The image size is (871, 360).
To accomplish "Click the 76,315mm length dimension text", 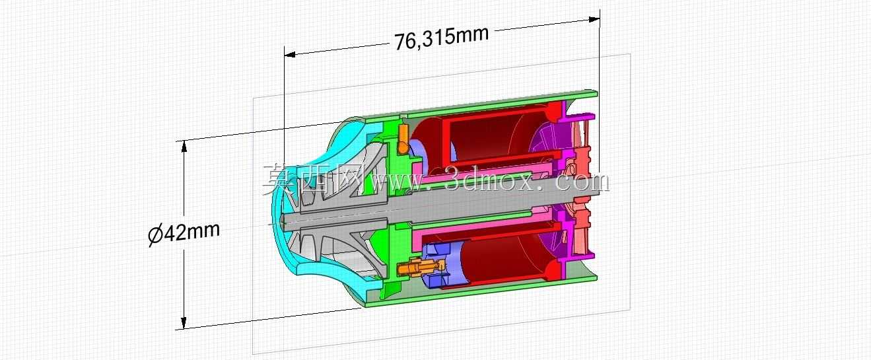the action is click(441, 38).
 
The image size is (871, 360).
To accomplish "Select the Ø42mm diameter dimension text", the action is click(184, 234).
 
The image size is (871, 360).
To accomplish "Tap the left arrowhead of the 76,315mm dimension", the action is click(290, 55).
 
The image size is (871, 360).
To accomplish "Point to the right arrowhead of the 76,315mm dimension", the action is click(594, 19).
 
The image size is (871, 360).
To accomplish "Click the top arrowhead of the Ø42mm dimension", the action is click(184, 146).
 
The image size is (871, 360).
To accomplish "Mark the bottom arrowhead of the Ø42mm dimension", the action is click(184, 322).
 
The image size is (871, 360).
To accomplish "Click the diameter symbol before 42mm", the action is click(156, 236).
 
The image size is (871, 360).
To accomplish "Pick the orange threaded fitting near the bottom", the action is click(422, 268).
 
